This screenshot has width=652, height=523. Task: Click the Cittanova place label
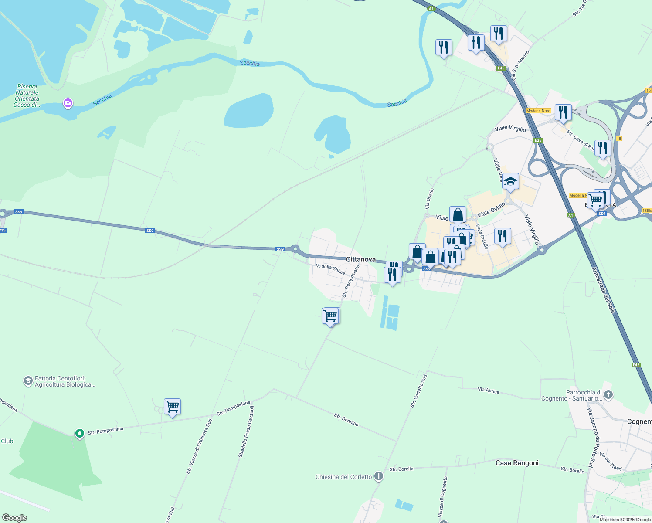coord(360,259)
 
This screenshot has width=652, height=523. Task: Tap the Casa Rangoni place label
coord(517,463)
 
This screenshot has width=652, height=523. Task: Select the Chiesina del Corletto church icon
coord(379,477)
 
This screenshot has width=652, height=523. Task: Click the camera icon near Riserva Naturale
coord(68,103)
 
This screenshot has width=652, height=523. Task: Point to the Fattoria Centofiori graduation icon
coord(28,381)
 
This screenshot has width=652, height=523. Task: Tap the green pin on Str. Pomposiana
coord(79,433)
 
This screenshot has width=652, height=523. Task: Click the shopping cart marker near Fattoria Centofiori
coord(172,407)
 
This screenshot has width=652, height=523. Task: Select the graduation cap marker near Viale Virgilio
coord(510,182)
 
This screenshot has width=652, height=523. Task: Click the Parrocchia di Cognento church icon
coord(608,395)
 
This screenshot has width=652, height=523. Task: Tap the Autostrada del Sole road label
coord(603,290)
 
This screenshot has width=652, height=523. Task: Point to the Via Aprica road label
coord(489,391)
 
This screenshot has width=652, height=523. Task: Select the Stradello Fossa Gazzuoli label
coord(246,432)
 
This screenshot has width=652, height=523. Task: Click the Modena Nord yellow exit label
coord(538,111)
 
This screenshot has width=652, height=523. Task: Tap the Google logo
coord(15,518)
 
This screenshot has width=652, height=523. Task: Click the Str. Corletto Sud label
coord(418,391)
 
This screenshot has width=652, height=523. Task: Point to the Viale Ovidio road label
coord(491,210)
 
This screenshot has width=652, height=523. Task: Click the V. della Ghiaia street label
coord(330,269)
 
